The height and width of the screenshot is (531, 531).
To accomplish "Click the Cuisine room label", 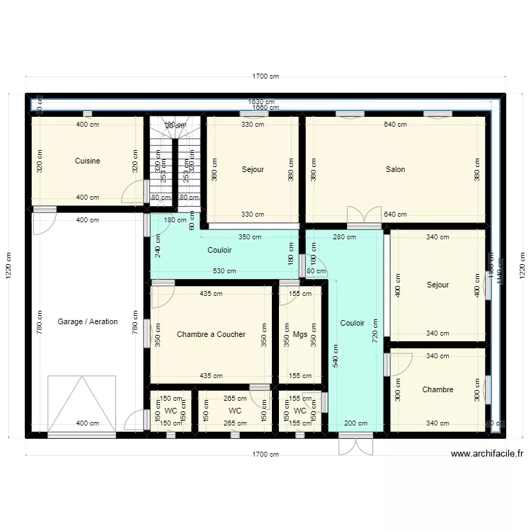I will click(87, 161).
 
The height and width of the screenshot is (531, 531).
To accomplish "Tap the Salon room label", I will click(395, 169).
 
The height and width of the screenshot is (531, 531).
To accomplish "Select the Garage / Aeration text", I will click(88, 321).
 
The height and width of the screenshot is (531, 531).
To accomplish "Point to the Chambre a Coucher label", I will click(211, 334).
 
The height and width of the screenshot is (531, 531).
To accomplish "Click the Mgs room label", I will click(300, 334).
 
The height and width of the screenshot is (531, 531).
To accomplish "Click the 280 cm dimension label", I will click(344, 237).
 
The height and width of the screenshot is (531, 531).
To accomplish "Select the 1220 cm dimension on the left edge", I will click(8, 266).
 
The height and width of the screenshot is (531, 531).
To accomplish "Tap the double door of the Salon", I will click(362, 216).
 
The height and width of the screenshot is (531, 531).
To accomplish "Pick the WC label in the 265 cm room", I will click(235, 411).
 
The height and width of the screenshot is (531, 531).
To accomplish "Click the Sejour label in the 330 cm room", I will click(253, 169).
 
